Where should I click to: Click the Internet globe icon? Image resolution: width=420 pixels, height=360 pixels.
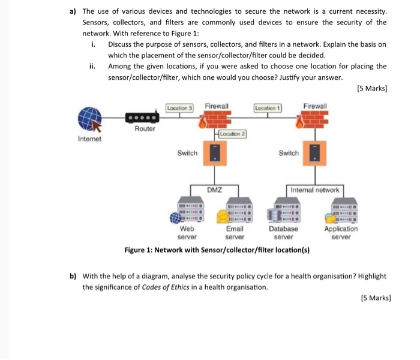tap(89, 119)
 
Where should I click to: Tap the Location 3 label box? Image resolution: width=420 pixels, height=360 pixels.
tap(180, 108)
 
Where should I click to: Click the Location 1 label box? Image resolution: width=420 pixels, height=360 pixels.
tap(268, 108)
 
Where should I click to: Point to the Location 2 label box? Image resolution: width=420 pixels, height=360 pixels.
tap(233, 134)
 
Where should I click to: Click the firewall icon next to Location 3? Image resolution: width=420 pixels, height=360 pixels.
tap(211, 124)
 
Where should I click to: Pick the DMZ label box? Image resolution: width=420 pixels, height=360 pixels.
tap(215, 190)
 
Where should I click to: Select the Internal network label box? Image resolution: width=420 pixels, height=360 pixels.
tap(314, 190)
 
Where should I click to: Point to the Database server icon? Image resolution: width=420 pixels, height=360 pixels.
tap(287, 211)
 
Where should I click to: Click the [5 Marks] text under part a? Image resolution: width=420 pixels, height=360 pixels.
tap(371, 89)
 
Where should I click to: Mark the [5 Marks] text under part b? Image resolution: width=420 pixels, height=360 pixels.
tap(376, 298)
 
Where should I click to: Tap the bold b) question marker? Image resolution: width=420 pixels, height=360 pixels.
tap(73, 277)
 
